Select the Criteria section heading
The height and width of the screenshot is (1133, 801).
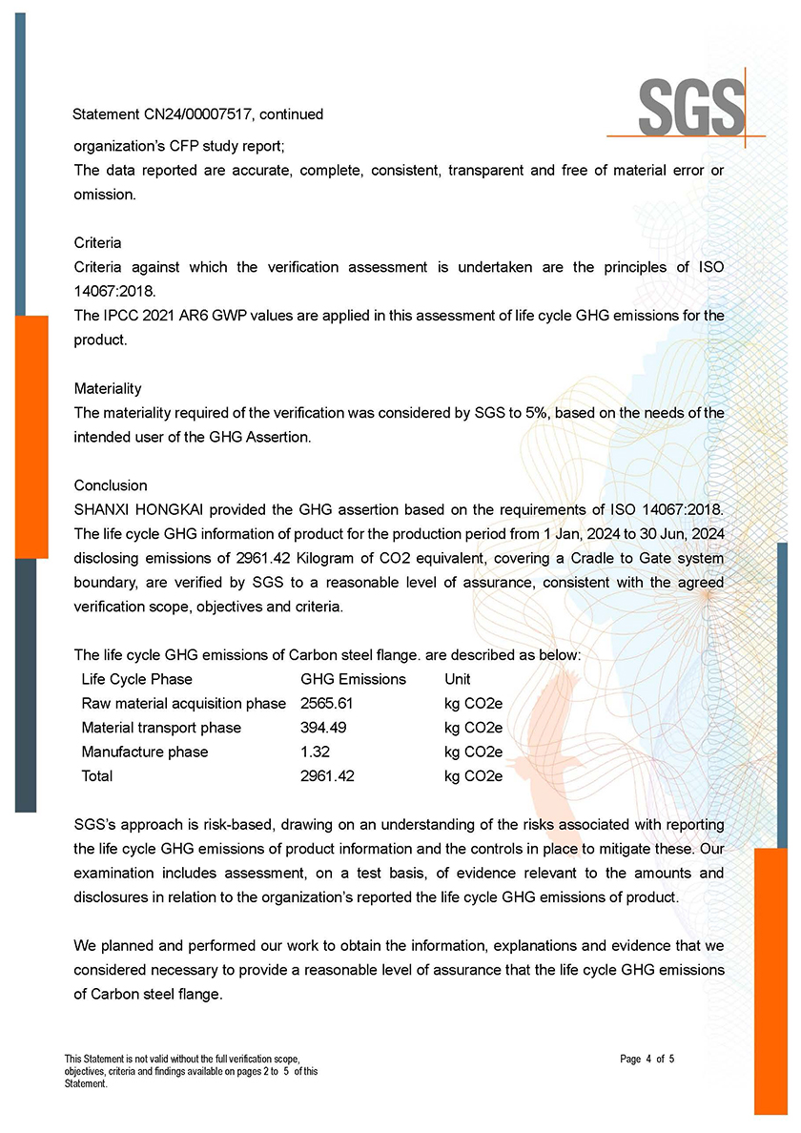tap(97, 242)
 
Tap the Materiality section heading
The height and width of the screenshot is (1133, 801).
tap(108, 388)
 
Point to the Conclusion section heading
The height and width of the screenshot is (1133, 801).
tap(111, 485)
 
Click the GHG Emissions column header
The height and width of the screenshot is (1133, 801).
tap(353, 679)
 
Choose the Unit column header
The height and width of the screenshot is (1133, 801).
tap(458, 679)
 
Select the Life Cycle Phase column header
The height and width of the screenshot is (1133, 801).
tap(137, 679)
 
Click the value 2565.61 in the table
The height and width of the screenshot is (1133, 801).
tap(327, 703)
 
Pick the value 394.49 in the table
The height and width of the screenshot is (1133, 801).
tap(323, 728)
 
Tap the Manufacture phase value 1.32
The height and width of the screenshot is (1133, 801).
tap(314, 752)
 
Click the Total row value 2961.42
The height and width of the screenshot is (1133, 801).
tap(327, 776)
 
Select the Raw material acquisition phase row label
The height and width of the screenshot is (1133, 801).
tap(184, 703)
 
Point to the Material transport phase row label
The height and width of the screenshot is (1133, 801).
tap(161, 728)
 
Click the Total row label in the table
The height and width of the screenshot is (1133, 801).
tap(97, 776)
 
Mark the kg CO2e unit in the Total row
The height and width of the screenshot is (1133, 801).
tap(473, 776)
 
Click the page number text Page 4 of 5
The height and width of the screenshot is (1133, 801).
tap(647, 1059)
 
